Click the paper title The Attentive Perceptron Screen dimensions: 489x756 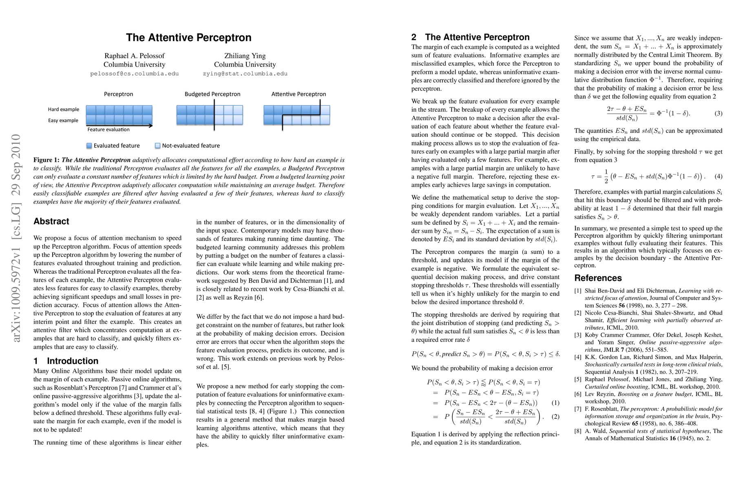tap(188, 37)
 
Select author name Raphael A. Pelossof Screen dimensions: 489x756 tap(134, 56)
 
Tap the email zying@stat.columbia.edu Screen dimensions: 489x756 tap(245, 74)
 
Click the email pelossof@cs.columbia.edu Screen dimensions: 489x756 tap(134, 74)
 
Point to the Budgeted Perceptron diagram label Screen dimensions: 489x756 tap(212, 94)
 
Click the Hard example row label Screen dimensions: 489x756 tap(64, 109)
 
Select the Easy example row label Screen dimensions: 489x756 tap(63, 120)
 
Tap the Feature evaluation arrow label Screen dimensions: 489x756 tap(108, 130)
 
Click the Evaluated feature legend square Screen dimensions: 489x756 tap(89, 145)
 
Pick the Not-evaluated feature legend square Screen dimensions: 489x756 tap(158, 145)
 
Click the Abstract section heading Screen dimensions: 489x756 tap(51, 221)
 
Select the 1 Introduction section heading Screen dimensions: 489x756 tap(66, 361)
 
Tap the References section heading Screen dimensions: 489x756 tap(598, 278)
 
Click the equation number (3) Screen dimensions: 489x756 tap(718, 113)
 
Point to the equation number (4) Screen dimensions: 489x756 tap(718, 176)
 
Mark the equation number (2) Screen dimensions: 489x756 tap(555, 416)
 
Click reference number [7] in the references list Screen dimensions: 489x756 tap(578, 409)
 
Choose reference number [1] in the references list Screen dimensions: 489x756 tap(578, 291)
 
